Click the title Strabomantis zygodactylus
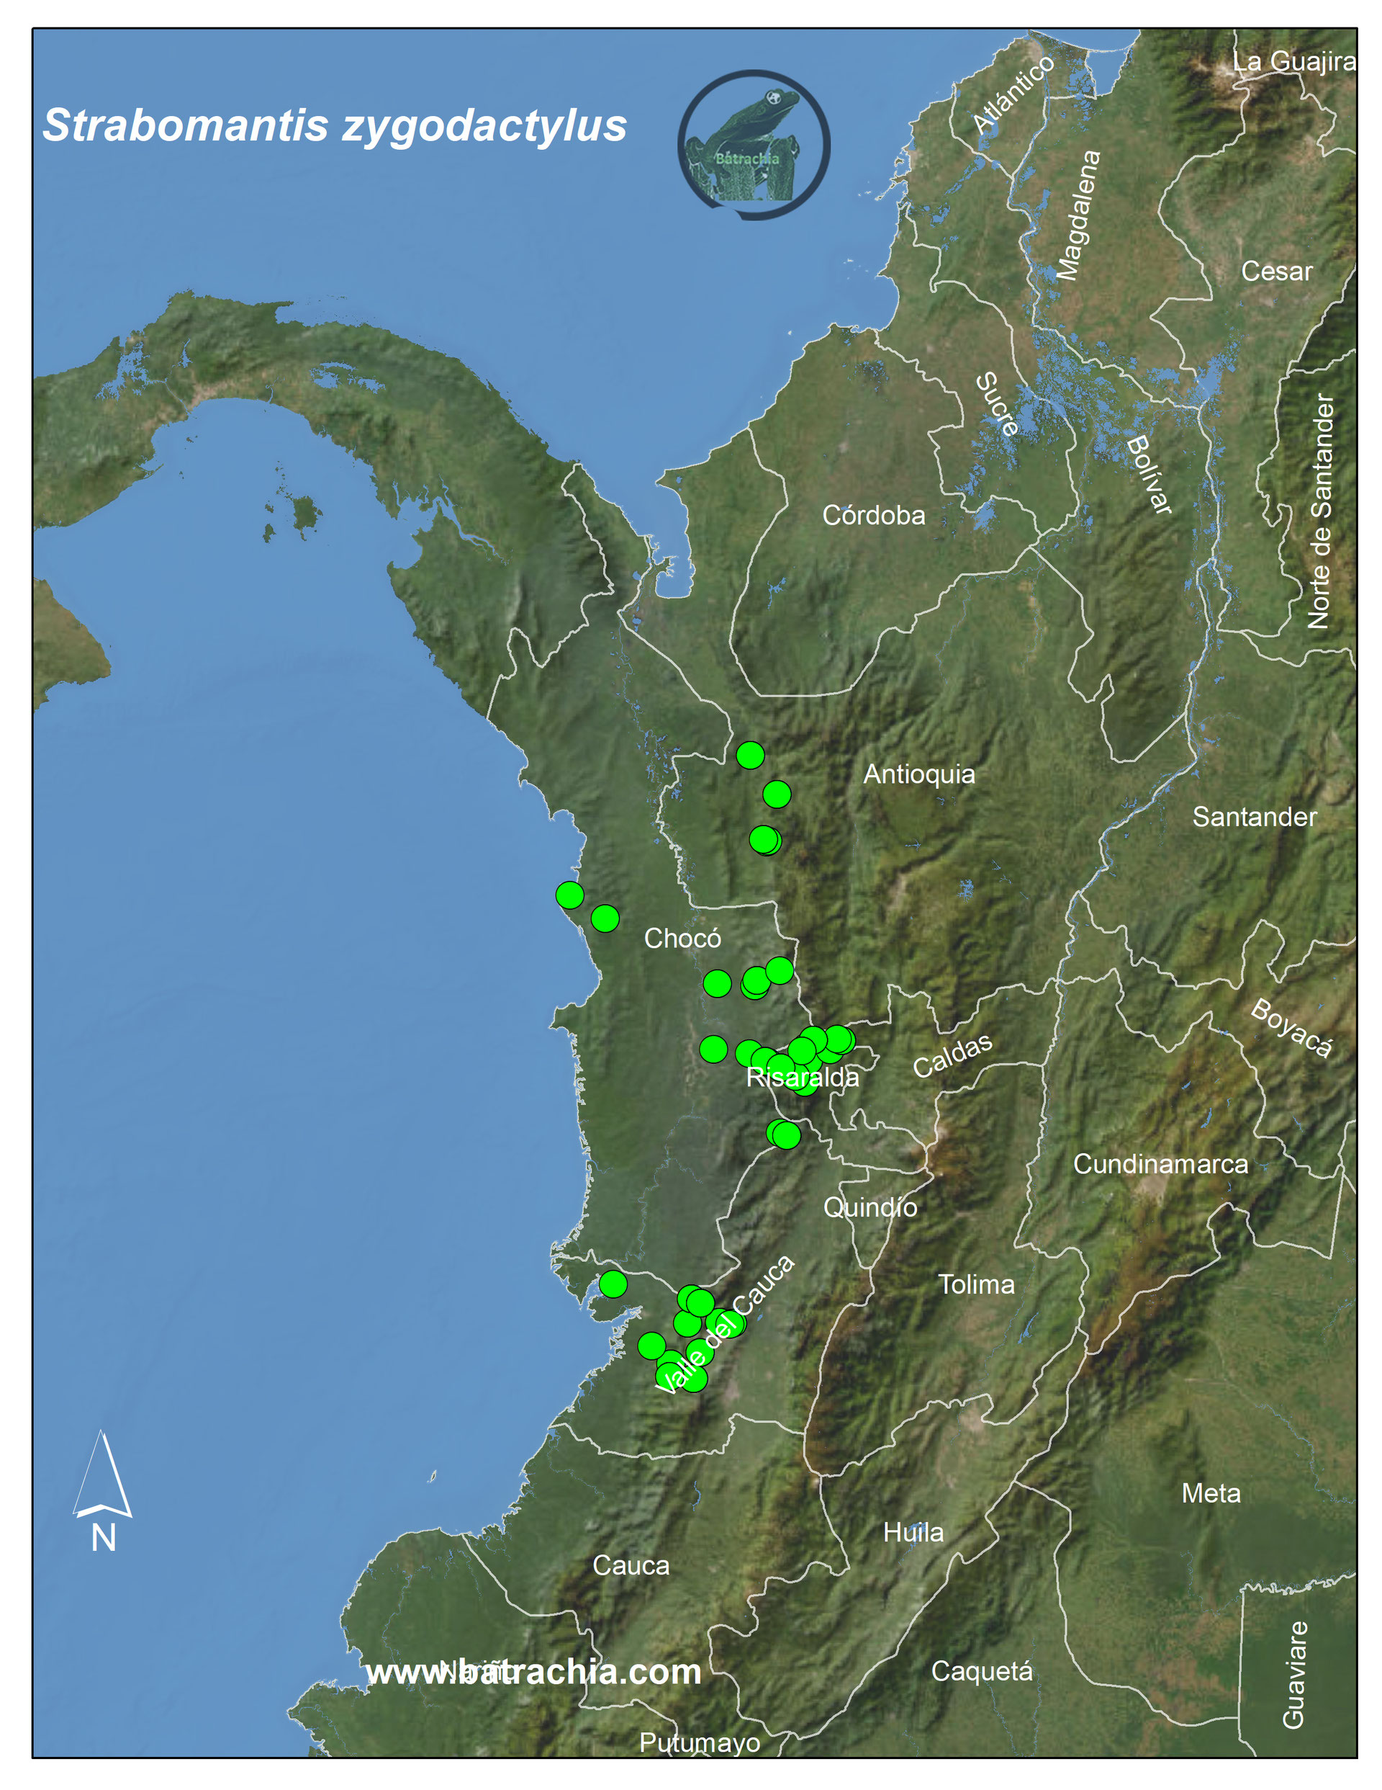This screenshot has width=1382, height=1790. pos(334,125)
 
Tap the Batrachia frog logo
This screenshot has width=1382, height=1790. pos(754,145)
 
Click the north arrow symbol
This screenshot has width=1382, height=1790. pos(102,1475)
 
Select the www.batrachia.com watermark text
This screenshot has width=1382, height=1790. pos(533,1672)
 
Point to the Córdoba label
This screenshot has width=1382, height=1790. pos(873,516)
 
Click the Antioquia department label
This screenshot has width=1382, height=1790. pos(919,774)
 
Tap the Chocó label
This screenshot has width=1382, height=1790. pos(682,939)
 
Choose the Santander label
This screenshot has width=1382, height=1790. pos(1253,817)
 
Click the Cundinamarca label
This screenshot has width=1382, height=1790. pos(1160,1164)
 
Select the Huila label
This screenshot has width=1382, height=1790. pos(913,1533)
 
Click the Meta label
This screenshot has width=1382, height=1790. pos(1210,1493)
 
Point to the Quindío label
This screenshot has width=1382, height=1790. pos(870,1207)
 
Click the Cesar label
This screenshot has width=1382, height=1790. pos(1275,272)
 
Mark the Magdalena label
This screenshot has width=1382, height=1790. pos(1079,215)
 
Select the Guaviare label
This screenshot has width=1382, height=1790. pos(1293,1675)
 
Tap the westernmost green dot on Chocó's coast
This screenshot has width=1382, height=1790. pos(569,895)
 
